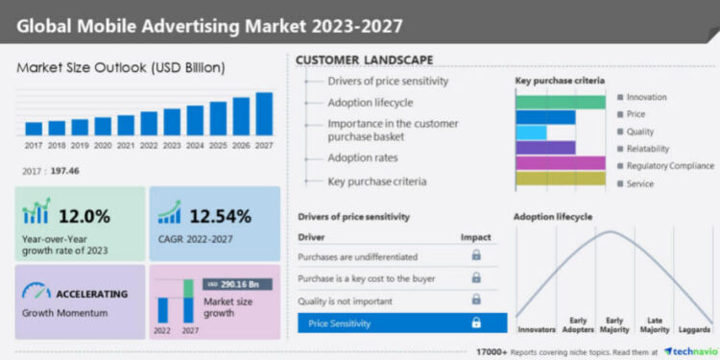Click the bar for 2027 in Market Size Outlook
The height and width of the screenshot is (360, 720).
click(264, 113)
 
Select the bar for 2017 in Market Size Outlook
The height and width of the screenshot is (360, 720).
click(34, 128)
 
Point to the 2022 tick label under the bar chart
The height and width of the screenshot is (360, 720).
click(149, 145)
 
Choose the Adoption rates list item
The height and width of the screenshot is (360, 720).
click(363, 157)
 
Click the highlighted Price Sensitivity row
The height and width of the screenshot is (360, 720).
click(401, 323)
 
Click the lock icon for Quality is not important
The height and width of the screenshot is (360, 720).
click(475, 300)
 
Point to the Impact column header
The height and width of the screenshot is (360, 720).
click(475, 236)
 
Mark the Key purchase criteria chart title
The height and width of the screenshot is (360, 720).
click(560, 82)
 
